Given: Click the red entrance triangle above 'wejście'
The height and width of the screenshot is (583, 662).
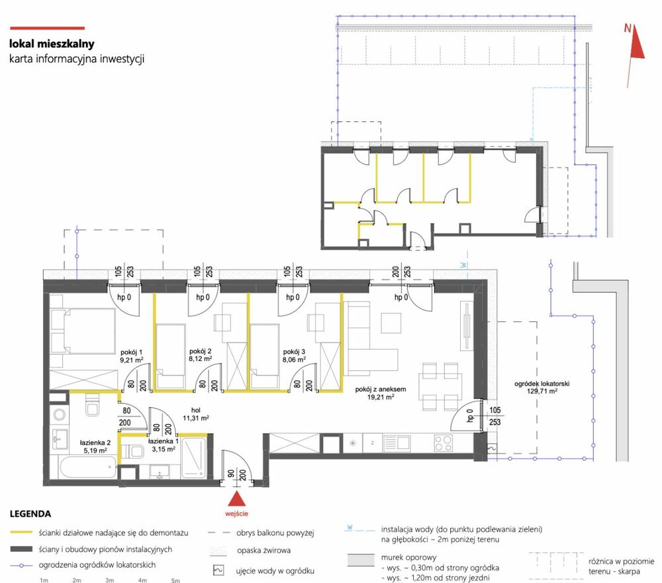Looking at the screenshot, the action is coord(237,499).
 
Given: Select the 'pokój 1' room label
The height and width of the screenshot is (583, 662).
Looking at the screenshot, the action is coord(131,352).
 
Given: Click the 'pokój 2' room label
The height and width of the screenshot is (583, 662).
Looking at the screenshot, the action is coord(200,351).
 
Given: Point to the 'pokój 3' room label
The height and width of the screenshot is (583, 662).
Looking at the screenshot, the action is coord(294,352).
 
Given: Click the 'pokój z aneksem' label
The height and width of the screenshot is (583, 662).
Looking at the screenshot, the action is coord(381,390).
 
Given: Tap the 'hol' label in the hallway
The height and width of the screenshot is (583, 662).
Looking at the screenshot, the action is coord(195,410).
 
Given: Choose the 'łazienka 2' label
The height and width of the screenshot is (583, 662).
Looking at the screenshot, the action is coord(95,443).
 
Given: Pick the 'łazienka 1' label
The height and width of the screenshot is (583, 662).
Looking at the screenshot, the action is coord(164,441).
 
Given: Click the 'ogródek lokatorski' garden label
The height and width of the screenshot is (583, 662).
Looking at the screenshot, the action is coord(542,384).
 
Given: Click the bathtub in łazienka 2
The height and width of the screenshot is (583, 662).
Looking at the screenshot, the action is coord(88,467).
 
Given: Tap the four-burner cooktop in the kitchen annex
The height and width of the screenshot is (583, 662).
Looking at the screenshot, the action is coord(443,443).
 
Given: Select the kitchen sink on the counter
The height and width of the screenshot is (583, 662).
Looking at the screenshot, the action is coord(397,443).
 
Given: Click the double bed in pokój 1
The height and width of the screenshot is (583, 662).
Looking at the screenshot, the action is coord(83,331).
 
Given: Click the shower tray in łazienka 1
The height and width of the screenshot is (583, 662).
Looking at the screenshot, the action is coord(194,458).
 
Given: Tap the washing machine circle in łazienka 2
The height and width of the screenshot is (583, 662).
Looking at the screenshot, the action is coord(60,415).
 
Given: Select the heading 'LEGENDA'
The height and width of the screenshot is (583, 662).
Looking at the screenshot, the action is coord(30,514).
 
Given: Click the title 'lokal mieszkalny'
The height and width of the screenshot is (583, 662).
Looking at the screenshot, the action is coord(52,44).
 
